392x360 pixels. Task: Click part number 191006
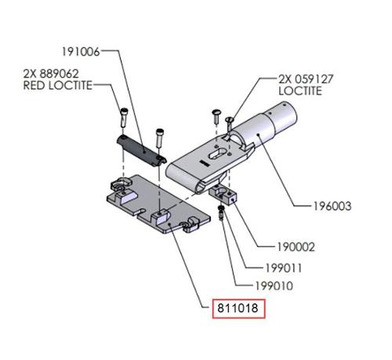coord(81,52)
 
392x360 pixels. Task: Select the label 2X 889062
coord(51,74)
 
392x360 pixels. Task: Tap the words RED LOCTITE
coord(58,85)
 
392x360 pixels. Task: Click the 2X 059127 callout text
coord(306,79)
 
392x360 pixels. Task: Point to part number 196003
coord(332,206)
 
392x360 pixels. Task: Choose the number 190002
coord(296,247)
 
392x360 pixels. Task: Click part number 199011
coord(284,268)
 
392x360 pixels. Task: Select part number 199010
coord(274,286)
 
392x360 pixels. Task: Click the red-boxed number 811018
coord(238,308)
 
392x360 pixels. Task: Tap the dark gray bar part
coord(141,150)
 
